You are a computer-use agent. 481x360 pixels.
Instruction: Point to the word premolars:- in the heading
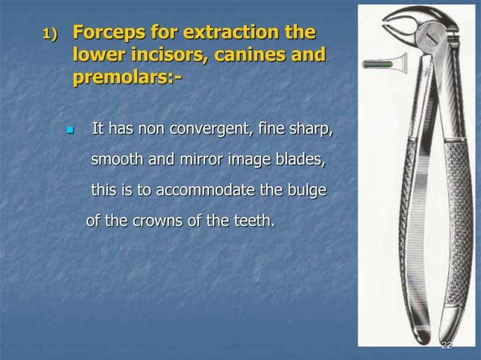tap(127, 78)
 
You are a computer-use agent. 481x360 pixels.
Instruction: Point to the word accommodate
tap(210, 191)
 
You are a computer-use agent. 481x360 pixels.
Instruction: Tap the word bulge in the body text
tap(308, 191)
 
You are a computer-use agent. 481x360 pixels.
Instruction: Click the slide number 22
tap(446, 345)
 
